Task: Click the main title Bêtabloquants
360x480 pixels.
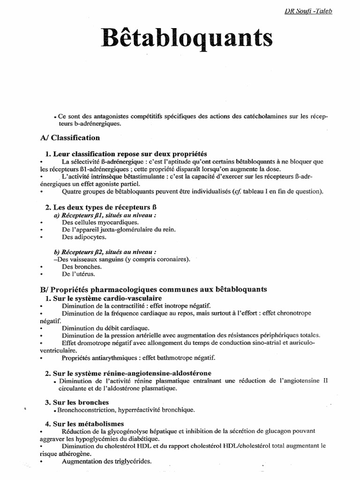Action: (x=187, y=37)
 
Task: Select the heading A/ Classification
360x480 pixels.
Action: (x=70, y=138)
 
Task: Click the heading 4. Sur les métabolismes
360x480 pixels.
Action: (x=84, y=424)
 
